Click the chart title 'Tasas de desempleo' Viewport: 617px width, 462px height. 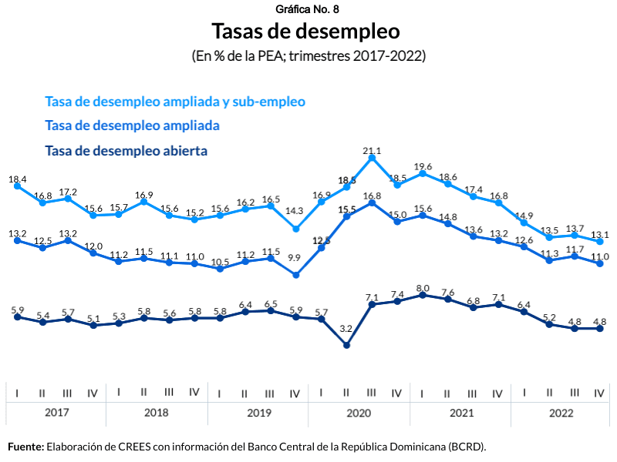tap(306, 32)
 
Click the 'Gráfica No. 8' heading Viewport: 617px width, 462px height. tap(306, 9)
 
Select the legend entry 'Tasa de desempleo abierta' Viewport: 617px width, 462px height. tap(126, 151)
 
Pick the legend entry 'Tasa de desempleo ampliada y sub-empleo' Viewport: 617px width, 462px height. tap(175, 102)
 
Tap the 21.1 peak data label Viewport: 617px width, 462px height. tap(373, 151)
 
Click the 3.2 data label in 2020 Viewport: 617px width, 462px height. tap(346, 329)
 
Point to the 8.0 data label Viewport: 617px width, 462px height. tap(423, 288)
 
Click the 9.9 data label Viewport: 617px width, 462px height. tap(295, 258)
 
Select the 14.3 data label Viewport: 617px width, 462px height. tap(295, 209)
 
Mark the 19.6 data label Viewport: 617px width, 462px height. tap(423, 166)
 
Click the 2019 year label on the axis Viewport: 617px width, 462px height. tap(258, 413)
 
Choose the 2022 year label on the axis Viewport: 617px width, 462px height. tap(561, 413)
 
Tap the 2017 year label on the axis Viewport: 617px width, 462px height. tap(56, 413)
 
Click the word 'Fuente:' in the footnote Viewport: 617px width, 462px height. tap(25, 447)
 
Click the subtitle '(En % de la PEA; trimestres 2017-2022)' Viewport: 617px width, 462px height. tap(308, 56)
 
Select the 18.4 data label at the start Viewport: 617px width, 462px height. tap(18, 179)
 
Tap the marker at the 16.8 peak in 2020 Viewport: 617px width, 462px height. tap(373, 203)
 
